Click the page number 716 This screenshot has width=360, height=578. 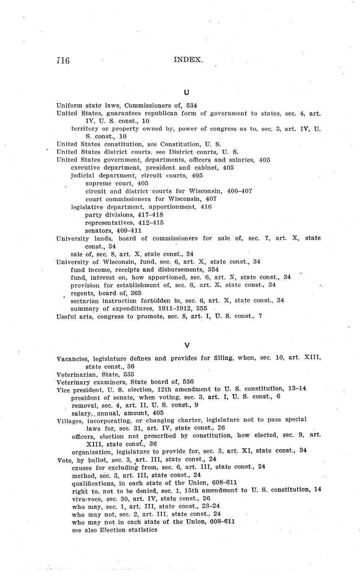click(x=63, y=61)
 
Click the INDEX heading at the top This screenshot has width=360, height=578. click(x=188, y=60)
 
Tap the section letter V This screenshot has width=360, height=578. click(x=187, y=345)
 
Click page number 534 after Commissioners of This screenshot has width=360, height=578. click(x=192, y=106)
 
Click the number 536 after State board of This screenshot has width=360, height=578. click(x=188, y=382)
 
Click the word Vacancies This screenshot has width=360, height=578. click(x=73, y=359)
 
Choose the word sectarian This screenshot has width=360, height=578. click(x=85, y=300)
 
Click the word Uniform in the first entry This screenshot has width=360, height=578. click(x=69, y=106)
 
